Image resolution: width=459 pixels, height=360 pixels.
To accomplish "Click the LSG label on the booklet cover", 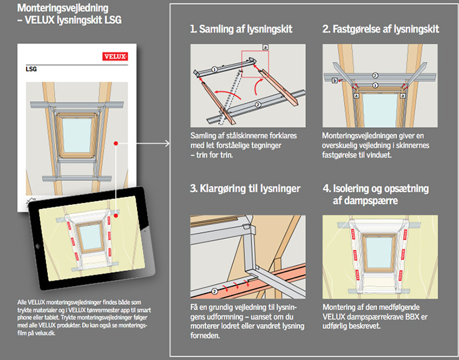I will [31, 69].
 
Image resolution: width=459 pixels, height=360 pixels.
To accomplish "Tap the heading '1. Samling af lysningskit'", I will [241, 30].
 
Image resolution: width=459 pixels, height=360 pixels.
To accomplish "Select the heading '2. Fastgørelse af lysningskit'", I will [381, 30].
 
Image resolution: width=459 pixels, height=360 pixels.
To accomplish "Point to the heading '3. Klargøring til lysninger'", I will [245, 189].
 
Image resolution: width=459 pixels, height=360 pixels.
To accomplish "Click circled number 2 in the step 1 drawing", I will [259, 106].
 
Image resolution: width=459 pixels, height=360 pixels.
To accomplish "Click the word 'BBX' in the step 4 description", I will [416, 317].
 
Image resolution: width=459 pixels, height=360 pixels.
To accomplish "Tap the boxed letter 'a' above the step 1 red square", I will [265, 47].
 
